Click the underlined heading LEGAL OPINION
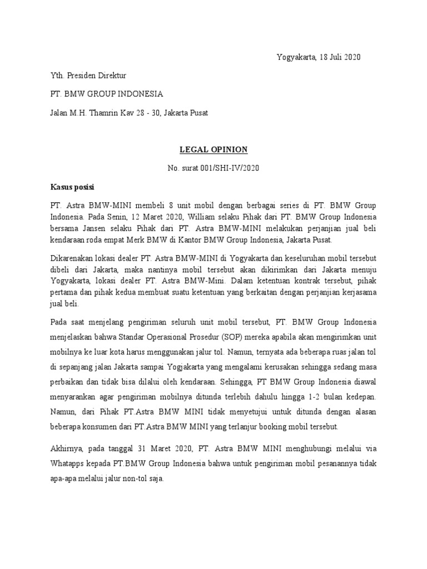coord(213,149)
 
